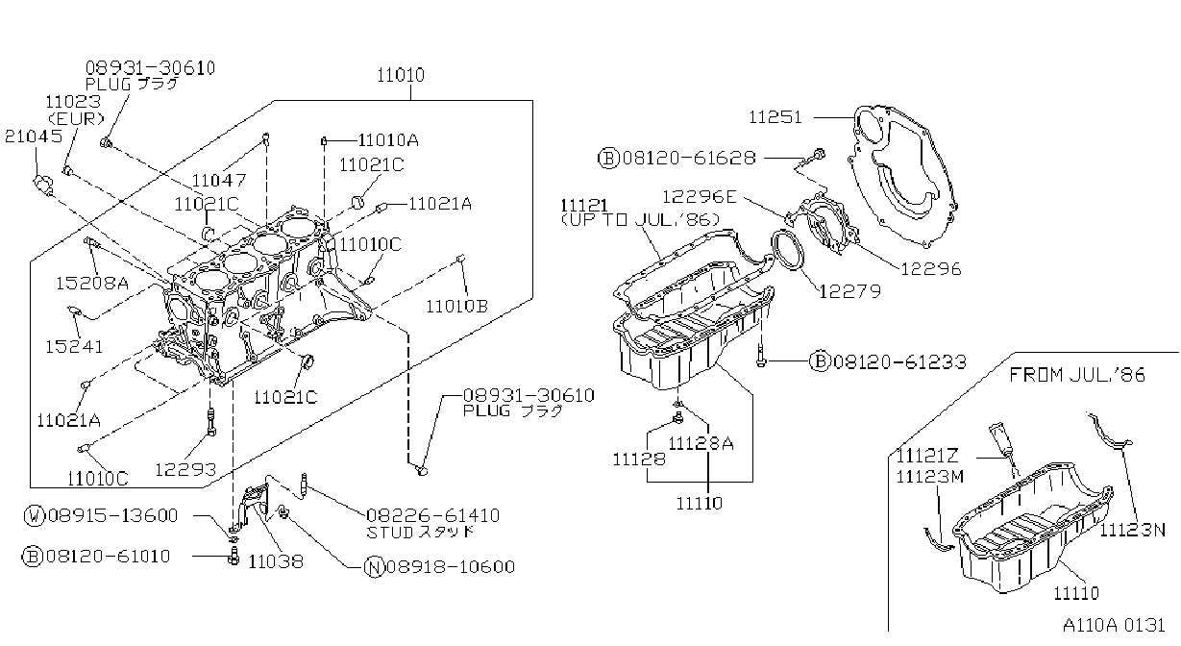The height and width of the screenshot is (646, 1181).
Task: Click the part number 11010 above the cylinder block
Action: point(400,75)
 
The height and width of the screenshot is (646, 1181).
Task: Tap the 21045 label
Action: point(34,137)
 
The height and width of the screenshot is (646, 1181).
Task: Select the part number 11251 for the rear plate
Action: point(775,117)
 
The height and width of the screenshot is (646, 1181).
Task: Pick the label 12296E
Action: point(699,197)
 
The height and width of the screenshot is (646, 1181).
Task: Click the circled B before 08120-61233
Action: point(820,361)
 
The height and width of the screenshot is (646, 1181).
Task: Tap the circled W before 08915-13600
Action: point(35,515)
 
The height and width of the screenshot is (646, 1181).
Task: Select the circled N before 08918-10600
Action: point(375,567)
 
